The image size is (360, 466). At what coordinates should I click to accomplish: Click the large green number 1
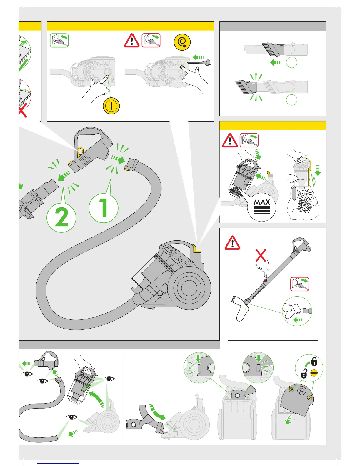point(104,208)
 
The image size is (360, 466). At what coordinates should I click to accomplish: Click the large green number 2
point(61,218)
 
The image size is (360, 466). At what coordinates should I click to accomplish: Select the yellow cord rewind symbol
point(182,42)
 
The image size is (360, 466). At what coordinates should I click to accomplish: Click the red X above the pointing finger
point(261,255)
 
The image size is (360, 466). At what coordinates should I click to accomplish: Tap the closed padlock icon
point(314,361)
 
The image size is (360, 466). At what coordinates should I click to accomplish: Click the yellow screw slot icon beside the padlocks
point(314,373)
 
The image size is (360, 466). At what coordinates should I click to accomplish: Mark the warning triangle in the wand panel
point(232,243)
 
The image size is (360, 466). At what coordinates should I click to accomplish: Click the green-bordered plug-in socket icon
point(59,40)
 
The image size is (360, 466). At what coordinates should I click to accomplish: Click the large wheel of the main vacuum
point(192,287)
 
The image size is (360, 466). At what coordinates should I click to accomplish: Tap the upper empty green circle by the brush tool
point(291,62)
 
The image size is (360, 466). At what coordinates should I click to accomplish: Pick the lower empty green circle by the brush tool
point(291,100)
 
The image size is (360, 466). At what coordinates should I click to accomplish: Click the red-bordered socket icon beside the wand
point(300,284)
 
